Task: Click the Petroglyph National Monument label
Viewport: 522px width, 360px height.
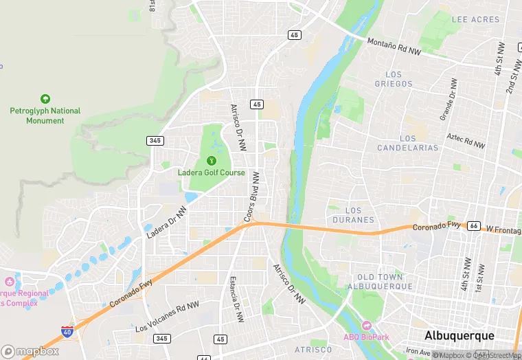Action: pos(45,115)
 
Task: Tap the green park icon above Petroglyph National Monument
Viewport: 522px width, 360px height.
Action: pos(45,99)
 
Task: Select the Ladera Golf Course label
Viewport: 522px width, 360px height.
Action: pos(211,172)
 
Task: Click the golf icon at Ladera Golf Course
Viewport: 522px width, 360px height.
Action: pos(211,160)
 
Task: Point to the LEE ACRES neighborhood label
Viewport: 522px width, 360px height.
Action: pos(475,19)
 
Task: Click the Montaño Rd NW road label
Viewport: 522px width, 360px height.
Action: pos(393,46)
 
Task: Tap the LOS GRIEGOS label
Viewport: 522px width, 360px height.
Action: pos(394,79)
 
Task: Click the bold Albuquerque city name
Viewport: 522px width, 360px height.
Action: pos(459,335)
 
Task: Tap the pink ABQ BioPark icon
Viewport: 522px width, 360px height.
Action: pos(366,325)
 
